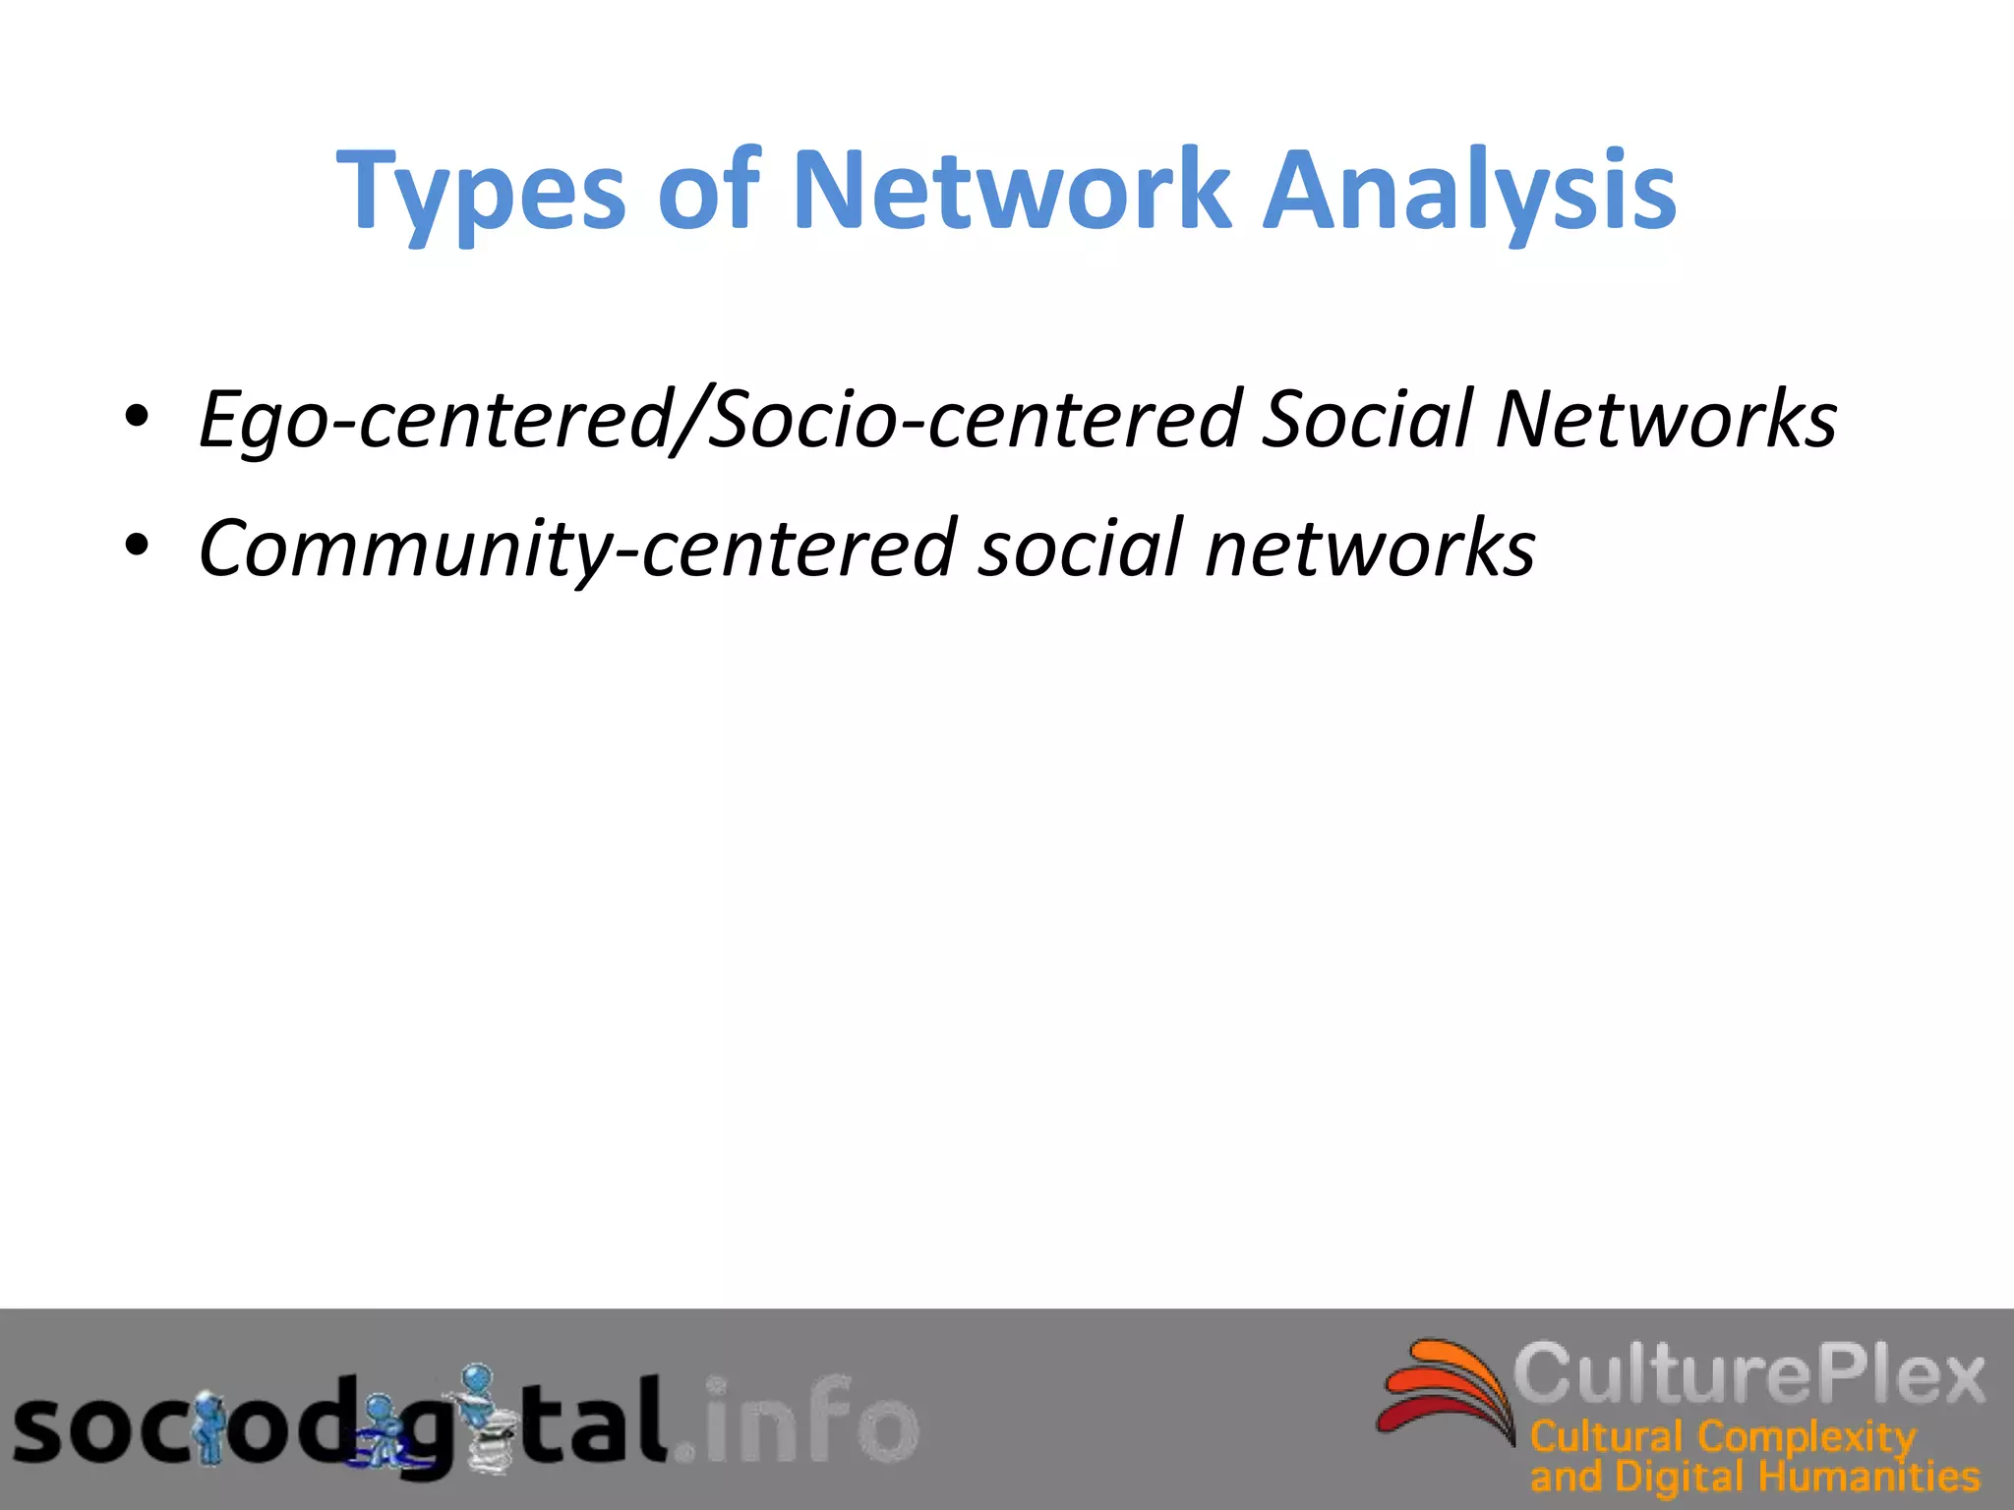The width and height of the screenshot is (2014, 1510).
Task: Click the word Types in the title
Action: [x=481, y=192]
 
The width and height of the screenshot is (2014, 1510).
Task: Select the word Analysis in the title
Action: [x=1469, y=192]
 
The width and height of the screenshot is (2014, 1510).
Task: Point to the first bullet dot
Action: [x=137, y=418]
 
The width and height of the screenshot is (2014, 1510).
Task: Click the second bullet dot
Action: [x=137, y=546]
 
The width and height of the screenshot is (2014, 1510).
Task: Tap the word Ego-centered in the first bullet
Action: [x=434, y=421]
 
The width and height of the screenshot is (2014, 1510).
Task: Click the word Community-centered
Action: [x=575, y=549]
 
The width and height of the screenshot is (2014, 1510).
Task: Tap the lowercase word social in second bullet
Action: [x=1081, y=548]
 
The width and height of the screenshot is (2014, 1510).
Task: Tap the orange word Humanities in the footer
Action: [x=1868, y=1477]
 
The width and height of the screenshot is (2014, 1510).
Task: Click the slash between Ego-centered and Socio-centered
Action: [x=687, y=421]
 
